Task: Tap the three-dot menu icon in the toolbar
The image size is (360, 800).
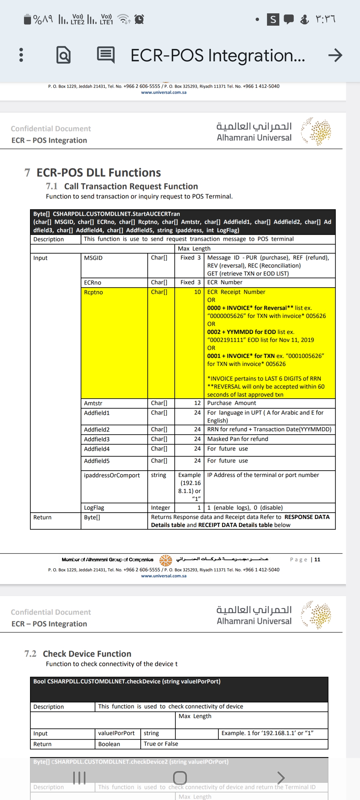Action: (21, 55)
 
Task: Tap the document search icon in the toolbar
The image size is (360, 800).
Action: (63, 55)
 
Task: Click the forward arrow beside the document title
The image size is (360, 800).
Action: (335, 55)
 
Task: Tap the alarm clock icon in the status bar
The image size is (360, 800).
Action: (139, 19)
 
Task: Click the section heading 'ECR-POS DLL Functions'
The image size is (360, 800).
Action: (99, 173)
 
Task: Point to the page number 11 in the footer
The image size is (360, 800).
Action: (317, 560)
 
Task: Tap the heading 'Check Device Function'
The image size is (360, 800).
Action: (87, 654)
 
